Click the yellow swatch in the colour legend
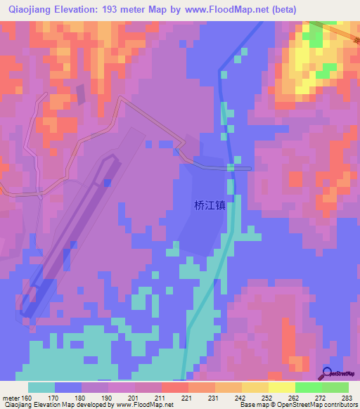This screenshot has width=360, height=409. tap(281, 387)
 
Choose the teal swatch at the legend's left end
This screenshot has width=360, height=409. tap(41, 387)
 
